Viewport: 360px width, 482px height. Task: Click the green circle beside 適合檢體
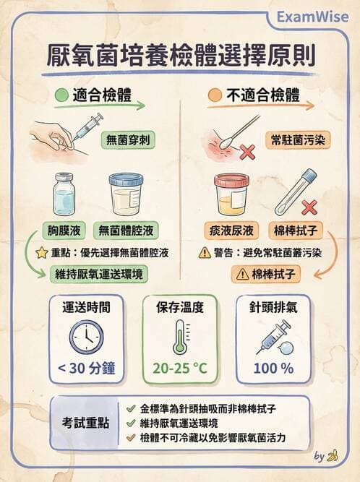coord(61,95)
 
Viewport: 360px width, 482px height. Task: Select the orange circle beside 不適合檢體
coord(213,95)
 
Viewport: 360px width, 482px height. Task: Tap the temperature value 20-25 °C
coord(180,368)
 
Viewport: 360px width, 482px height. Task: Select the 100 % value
coord(273,368)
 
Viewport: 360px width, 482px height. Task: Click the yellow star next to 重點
coord(41,254)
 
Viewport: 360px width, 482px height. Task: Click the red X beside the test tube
coord(309,207)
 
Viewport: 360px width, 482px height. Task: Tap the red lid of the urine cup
coord(231,181)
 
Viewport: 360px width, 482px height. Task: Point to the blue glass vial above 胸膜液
coord(64,195)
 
